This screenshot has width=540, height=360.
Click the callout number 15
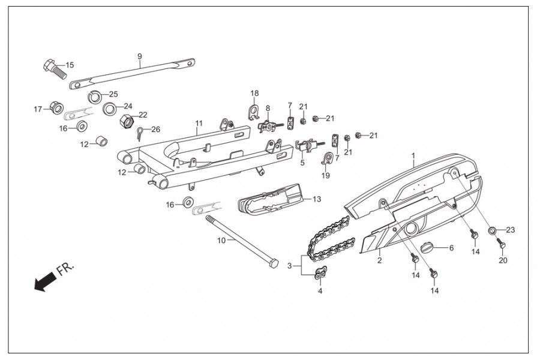pos(70,65)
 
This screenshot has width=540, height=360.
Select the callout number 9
pos(139,57)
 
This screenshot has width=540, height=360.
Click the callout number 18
pos(254,94)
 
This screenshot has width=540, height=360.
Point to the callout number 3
pos(290,266)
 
